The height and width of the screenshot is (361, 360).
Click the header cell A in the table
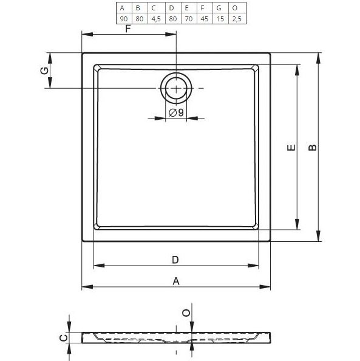tap(123, 8)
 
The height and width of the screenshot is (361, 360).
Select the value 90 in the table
tap(123, 19)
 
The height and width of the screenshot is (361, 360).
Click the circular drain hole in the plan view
tap(175, 89)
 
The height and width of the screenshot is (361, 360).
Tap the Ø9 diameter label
tap(176, 112)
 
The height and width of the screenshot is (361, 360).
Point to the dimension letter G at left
tap(43, 71)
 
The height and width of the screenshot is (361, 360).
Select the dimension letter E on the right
tap(290, 148)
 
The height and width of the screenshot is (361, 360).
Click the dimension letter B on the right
tap(312, 148)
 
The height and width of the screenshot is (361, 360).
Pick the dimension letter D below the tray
tap(175, 260)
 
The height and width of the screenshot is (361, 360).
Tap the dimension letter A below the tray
tap(176, 281)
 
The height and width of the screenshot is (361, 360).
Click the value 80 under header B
tap(138, 19)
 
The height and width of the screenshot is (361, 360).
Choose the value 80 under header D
tap(171, 19)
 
